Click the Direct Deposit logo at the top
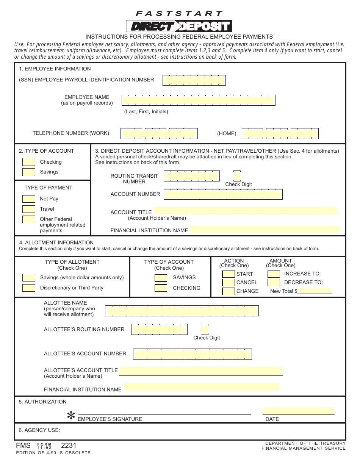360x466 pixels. (x=179, y=26)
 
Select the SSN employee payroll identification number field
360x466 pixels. (x=194, y=80)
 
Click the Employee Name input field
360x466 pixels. (x=198, y=100)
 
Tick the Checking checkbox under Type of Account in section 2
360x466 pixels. (x=29, y=162)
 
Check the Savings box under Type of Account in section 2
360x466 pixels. (x=29, y=172)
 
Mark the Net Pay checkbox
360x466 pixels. (x=29, y=199)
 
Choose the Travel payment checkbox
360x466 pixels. (x=29, y=209)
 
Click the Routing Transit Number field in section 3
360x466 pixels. (x=192, y=176)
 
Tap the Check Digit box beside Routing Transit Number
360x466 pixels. (x=237, y=176)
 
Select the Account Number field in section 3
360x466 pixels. (x=223, y=194)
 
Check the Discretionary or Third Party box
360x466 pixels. (x=29, y=288)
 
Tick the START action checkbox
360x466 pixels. (x=229, y=274)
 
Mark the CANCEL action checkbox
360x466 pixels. (x=229, y=283)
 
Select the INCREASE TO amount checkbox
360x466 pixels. (x=274, y=274)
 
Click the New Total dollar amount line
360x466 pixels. (x=315, y=291)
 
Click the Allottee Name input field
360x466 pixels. (x=183, y=311)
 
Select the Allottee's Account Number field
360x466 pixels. (x=193, y=354)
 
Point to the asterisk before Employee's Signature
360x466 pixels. (x=71, y=416)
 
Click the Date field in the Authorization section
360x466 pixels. (x=299, y=411)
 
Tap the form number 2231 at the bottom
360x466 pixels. (x=69, y=446)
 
